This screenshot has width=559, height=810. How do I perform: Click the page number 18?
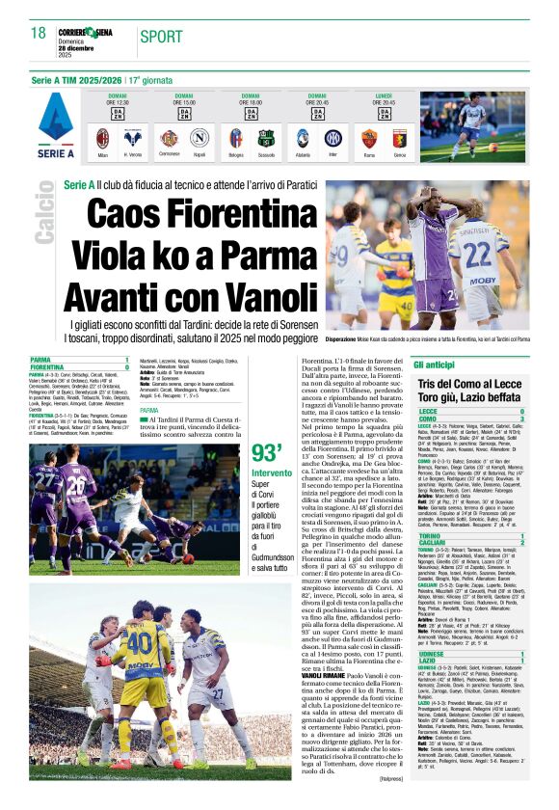[39, 35]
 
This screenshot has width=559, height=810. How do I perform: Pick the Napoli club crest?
[199, 136]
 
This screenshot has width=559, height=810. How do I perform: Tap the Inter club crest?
[333, 136]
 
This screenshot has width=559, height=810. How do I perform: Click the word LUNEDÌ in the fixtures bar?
[384, 96]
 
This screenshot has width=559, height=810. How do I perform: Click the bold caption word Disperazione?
[348, 339]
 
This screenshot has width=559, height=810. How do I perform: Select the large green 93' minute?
[267, 454]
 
